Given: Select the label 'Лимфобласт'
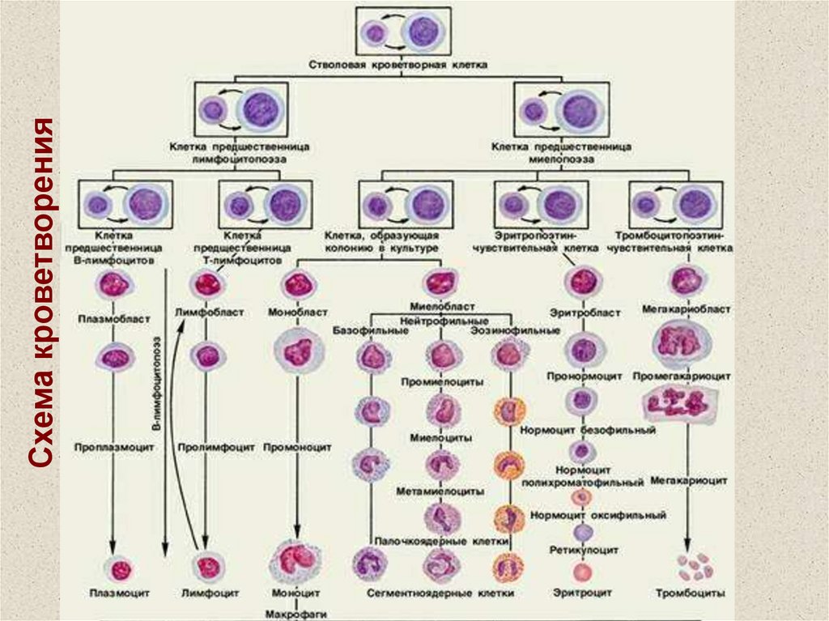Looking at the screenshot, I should (x=209, y=311).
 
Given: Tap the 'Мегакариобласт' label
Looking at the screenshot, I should (x=687, y=308).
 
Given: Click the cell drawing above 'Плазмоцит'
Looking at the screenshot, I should (x=121, y=569).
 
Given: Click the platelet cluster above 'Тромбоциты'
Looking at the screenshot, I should (x=694, y=566).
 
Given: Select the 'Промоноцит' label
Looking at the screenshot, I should (x=299, y=446).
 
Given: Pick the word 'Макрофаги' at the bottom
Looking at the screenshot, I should (x=298, y=615).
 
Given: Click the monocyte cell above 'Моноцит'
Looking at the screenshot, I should (x=299, y=559).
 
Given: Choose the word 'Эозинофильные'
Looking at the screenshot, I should (x=516, y=330).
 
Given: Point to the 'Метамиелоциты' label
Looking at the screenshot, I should (x=441, y=491).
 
